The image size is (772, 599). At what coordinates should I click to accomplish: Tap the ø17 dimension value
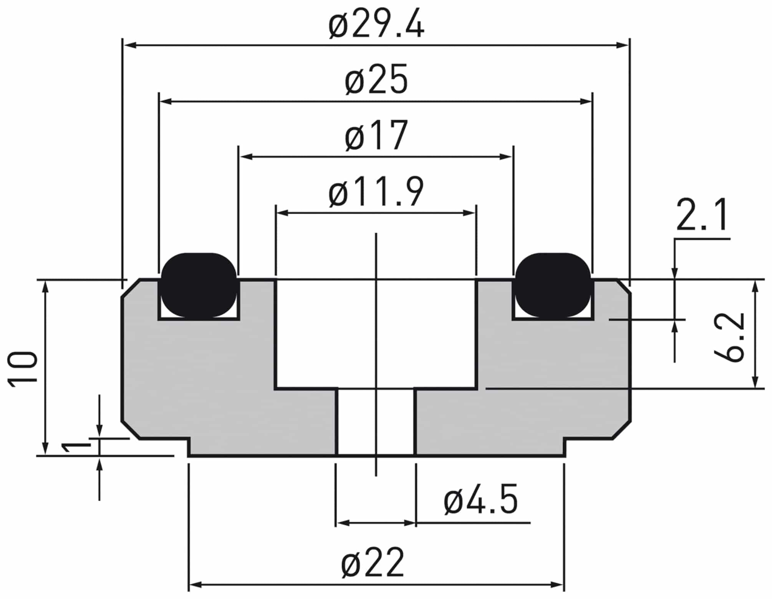coord(376,136)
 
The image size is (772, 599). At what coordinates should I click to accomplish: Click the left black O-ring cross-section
coord(199,285)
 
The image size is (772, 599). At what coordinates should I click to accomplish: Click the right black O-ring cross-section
coord(553,285)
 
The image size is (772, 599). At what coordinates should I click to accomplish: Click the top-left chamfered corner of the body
coord(131,288)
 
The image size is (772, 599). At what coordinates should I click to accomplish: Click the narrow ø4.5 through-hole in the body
coord(376,422)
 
